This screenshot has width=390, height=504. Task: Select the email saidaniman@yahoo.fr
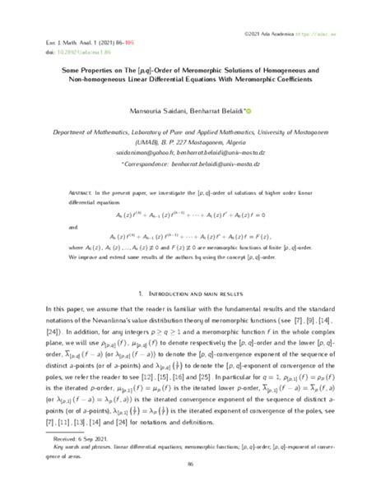(147, 152)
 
